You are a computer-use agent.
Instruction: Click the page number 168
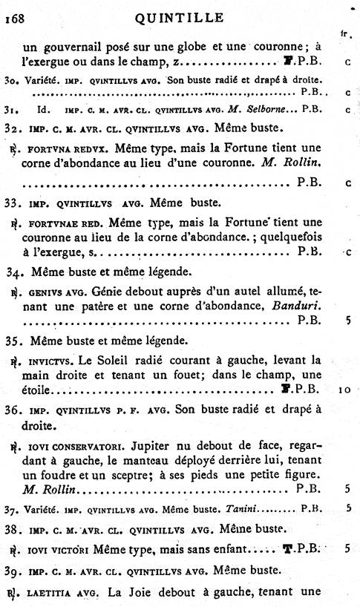click(15, 21)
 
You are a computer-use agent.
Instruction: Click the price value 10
click(347, 388)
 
